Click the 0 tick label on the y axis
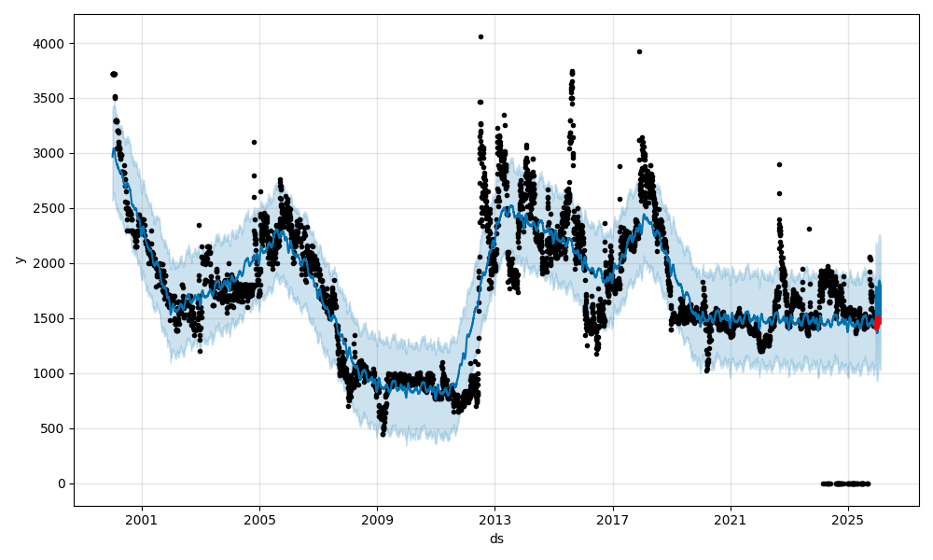point(62,483)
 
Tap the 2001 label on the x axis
point(142,520)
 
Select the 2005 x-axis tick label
point(259,520)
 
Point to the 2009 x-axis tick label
point(377,520)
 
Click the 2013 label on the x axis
point(494,520)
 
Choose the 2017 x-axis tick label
point(612,520)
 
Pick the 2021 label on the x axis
point(730,520)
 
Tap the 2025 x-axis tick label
point(847,520)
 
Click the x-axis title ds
point(496,539)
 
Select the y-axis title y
point(18,259)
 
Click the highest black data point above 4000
point(480,36)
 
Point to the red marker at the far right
point(877,322)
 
